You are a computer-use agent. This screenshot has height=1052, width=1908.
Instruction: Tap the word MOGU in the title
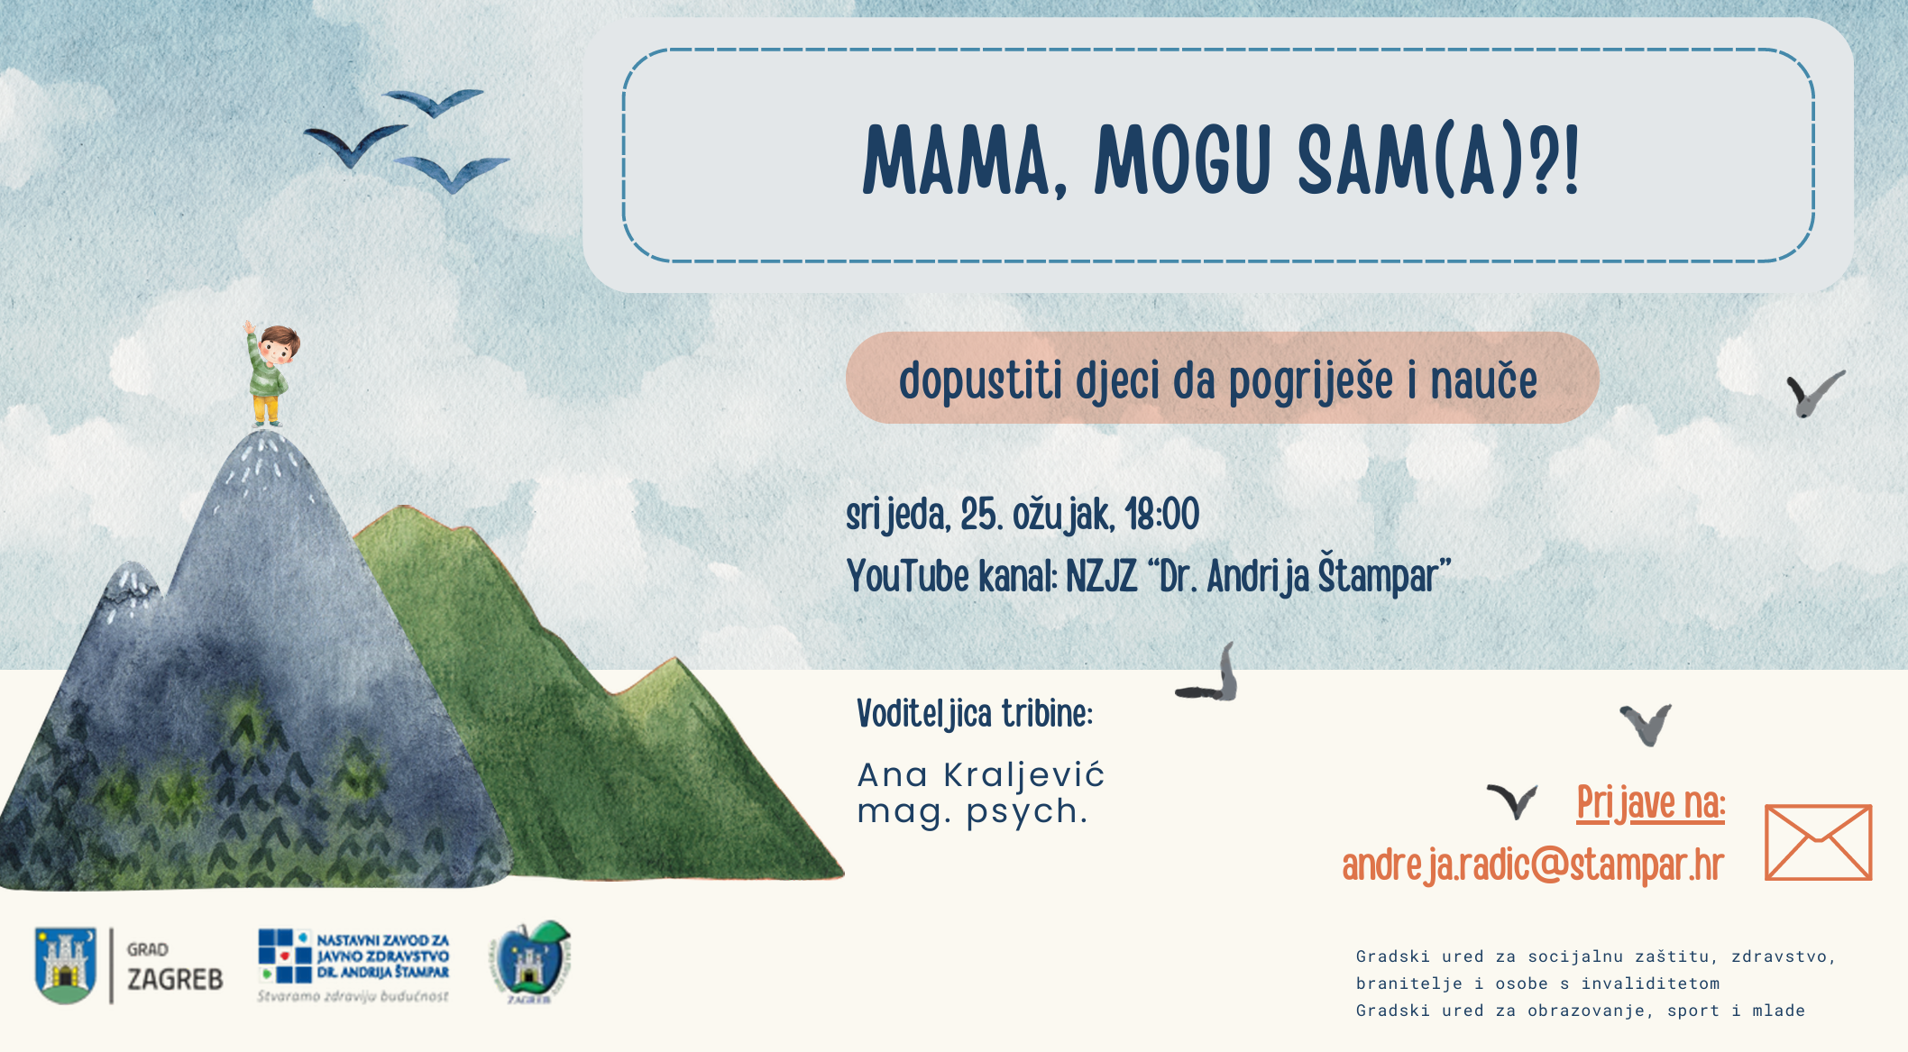coord(1182,161)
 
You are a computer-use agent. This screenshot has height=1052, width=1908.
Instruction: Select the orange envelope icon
coord(1818,842)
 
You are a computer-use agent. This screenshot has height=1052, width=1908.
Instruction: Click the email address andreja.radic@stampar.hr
coord(1532,864)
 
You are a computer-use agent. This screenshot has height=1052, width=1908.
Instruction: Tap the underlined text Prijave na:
coord(1650,803)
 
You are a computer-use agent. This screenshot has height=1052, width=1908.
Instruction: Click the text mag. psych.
coord(972,811)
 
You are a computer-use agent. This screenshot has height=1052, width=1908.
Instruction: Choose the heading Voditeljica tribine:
coord(974,714)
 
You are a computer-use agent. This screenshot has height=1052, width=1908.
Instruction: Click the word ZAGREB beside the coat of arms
coord(175,979)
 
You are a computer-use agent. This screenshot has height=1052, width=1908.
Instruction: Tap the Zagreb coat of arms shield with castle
coord(65,965)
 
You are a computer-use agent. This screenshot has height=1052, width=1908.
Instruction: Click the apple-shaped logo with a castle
coord(534,964)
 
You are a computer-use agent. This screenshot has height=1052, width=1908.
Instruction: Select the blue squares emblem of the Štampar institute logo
coord(285,956)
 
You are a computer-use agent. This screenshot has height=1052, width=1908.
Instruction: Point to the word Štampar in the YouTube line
coord(1384,576)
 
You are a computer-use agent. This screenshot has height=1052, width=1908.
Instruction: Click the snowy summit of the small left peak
coord(133,577)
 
